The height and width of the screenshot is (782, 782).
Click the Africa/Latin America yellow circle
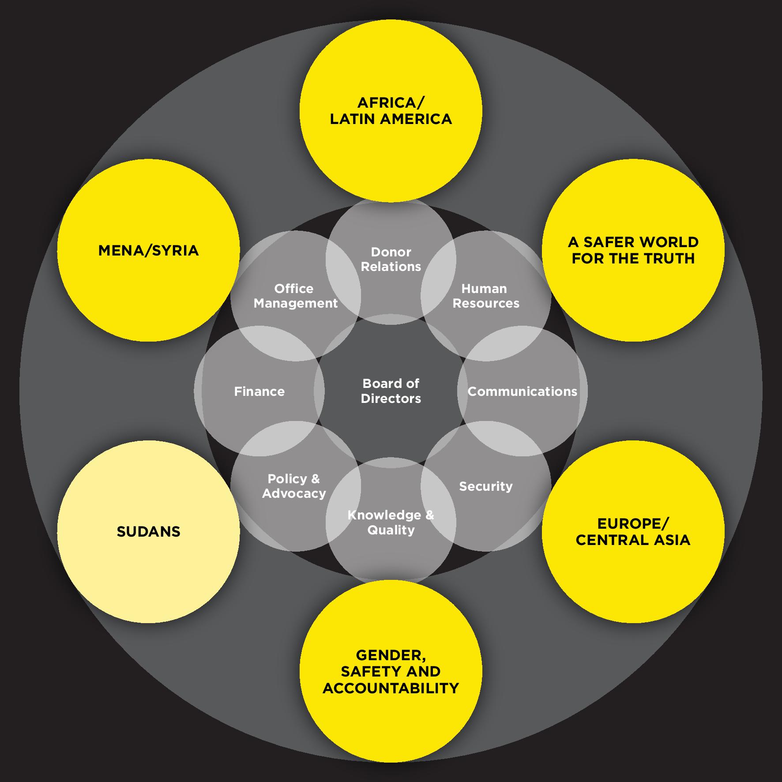coord(391,110)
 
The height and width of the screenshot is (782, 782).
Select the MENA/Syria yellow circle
coord(148,250)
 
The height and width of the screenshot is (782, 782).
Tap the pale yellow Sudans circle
coord(148,531)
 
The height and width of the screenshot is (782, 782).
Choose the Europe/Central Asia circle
coord(633,531)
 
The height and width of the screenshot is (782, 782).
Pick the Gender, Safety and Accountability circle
coord(391,671)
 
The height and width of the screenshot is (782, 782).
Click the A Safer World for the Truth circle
coord(633,250)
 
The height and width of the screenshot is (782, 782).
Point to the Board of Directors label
coord(391,391)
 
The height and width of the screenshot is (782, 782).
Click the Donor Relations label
coord(391,259)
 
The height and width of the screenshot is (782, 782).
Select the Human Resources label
coord(486,296)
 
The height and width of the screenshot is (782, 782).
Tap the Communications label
coord(522,391)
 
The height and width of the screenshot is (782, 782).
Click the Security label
coord(486,486)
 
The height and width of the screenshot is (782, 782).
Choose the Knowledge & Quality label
coord(391,523)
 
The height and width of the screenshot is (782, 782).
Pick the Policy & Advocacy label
coord(294,486)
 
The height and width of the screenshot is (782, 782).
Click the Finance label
coord(259,391)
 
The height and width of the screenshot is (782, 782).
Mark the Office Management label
coord(295,296)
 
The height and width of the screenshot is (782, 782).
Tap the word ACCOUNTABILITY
coord(391,688)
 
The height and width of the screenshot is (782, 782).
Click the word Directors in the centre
coord(391,399)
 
